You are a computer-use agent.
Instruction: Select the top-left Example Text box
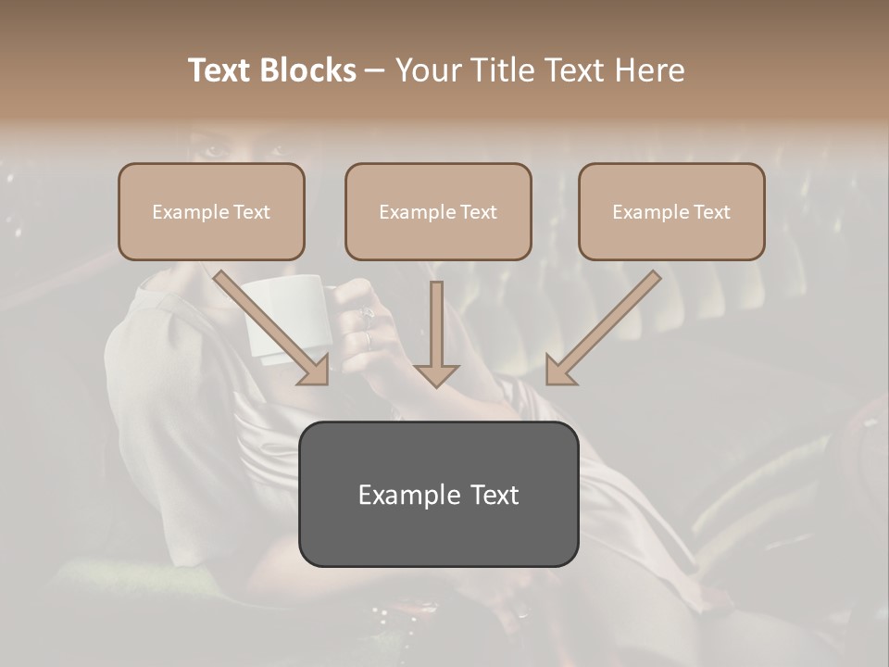point(211,211)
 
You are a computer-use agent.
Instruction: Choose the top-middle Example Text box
point(438,211)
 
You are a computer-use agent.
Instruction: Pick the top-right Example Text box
point(671,211)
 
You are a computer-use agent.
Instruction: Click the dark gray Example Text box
point(438,494)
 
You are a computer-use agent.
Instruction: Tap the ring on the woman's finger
point(368,318)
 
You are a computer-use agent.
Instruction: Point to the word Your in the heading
point(428,70)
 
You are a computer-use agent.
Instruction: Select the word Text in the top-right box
point(711,212)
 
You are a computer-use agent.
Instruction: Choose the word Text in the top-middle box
point(478,212)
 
